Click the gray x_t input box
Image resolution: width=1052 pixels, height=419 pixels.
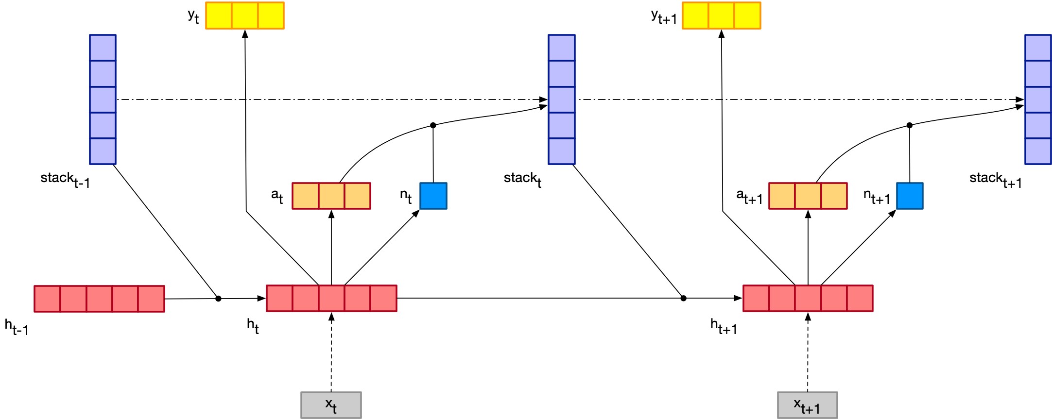click(331, 405)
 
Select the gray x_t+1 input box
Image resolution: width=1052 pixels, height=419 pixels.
click(807, 405)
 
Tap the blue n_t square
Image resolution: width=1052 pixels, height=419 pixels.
click(433, 196)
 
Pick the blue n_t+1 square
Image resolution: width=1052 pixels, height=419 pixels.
click(909, 196)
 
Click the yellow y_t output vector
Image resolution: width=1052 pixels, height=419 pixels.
click(244, 16)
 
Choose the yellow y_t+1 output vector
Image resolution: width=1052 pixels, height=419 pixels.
click(721, 16)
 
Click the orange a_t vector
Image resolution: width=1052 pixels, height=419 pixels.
click(331, 196)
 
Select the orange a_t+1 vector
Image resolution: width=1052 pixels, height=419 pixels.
click(808, 196)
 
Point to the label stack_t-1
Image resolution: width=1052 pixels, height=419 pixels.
click(65, 180)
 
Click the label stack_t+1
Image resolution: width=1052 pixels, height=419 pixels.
click(995, 180)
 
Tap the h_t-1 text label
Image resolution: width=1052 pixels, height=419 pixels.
click(17, 327)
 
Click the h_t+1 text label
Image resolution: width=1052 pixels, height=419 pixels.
click(724, 326)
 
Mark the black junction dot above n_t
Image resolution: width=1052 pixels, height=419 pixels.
click(433, 125)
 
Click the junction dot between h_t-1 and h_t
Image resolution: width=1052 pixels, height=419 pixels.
click(218, 299)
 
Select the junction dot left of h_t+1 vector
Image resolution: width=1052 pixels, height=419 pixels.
click(683, 298)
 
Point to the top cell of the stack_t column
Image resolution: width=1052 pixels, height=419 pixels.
click(562, 48)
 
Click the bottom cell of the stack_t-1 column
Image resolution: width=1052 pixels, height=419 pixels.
click(103, 151)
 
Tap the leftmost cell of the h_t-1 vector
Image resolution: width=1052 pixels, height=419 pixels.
click(47, 299)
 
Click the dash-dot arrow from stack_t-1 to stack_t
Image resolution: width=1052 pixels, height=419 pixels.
click(330, 100)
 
